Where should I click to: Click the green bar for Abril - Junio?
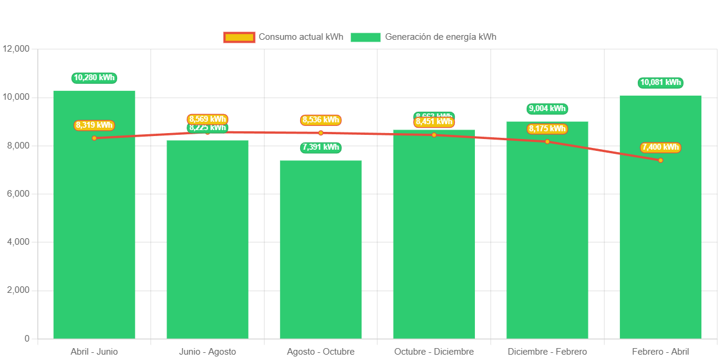[x=95, y=238]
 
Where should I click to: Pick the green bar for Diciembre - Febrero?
[x=547, y=238]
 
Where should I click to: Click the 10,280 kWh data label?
[x=95, y=78]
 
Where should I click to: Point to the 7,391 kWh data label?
[x=321, y=147]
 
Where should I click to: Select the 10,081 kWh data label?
[x=660, y=83]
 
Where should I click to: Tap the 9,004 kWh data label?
[x=547, y=109]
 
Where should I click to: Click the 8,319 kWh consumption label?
[x=95, y=125]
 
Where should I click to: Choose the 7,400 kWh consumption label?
[x=660, y=147]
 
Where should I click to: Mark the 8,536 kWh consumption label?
[x=321, y=120]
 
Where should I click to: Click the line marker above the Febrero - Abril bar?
[x=660, y=160]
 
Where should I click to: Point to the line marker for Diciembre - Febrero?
[x=547, y=141]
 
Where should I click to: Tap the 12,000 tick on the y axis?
[x=16, y=49]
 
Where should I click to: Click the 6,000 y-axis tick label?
[x=18, y=194]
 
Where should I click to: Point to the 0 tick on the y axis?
[x=27, y=339]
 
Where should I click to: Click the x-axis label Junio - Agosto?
[x=207, y=352]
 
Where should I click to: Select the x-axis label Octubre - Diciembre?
[x=434, y=352]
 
